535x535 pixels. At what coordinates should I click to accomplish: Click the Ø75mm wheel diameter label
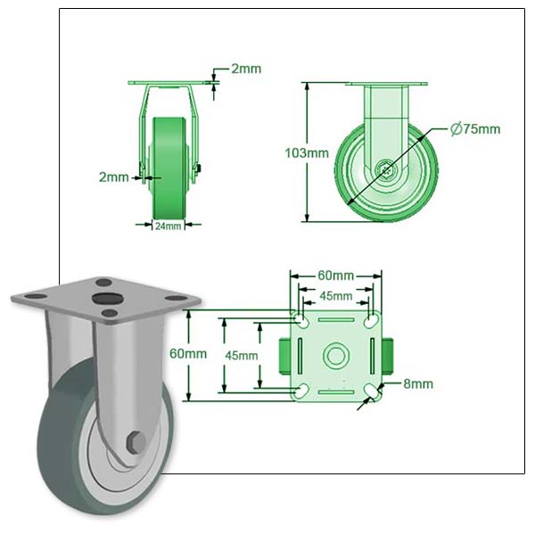tap(475, 129)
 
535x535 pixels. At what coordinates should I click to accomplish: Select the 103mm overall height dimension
tap(307, 152)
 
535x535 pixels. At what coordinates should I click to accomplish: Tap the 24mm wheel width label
tap(168, 226)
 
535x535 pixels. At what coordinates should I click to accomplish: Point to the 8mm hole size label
tap(417, 384)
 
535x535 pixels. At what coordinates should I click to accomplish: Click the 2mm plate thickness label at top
tap(246, 69)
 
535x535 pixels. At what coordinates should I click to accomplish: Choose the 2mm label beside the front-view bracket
tap(113, 177)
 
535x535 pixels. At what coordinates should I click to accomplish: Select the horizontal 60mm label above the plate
tap(335, 275)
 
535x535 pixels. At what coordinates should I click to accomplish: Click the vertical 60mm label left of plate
tap(188, 353)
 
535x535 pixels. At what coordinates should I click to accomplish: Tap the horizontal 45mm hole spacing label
tap(335, 295)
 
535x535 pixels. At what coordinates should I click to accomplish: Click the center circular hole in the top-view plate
tap(336, 356)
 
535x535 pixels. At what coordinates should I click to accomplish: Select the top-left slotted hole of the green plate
tap(301, 320)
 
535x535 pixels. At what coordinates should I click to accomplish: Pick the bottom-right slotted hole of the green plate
tap(371, 391)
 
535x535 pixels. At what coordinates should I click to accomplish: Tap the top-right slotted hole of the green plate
tap(371, 320)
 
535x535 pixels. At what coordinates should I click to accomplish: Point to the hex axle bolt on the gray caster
tap(136, 441)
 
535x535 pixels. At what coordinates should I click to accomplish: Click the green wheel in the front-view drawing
tap(168, 165)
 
